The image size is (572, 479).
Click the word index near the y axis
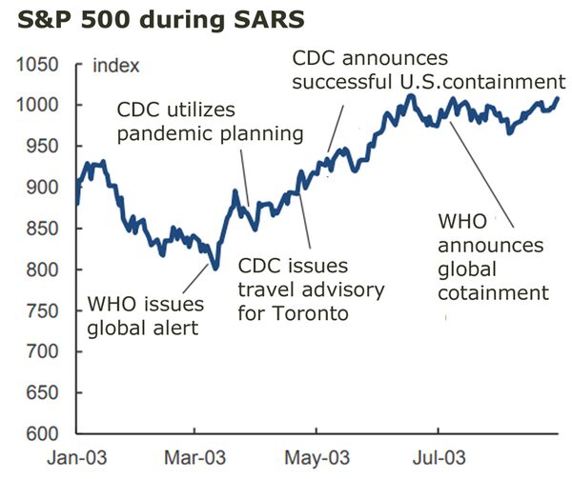click(x=116, y=66)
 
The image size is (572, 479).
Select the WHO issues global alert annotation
click(x=145, y=317)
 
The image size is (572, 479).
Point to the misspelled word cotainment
click(x=494, y=290)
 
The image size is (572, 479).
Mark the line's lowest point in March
click(x=215, y=268)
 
